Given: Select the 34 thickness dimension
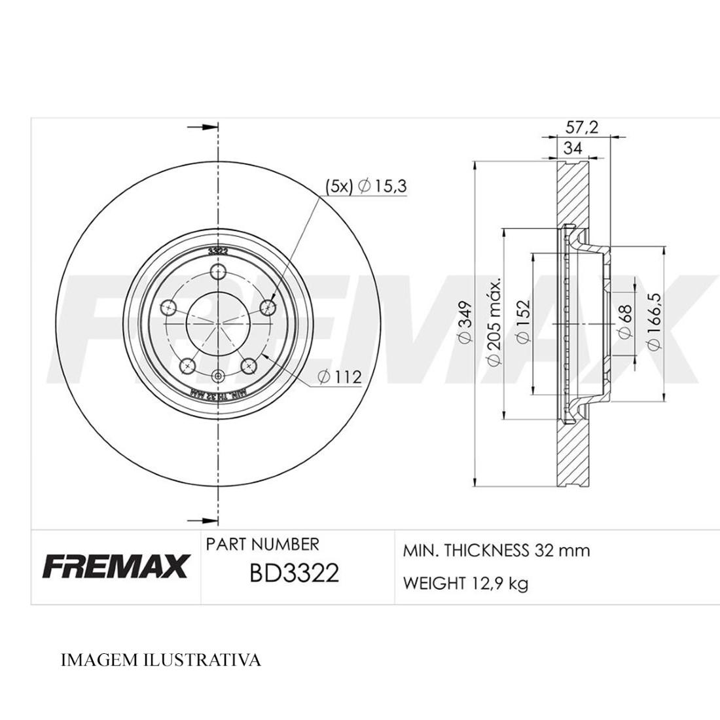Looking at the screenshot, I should (573, 149).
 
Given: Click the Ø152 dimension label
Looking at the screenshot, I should (523, 321).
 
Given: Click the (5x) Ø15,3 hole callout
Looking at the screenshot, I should (367, 187).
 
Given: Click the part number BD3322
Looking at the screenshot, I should (294, 573).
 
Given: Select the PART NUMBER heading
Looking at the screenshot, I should (262, 544).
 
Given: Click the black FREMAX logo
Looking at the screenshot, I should (116, 566).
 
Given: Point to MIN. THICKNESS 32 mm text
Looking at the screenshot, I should (496, 550).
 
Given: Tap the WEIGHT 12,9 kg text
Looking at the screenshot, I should (465, 583).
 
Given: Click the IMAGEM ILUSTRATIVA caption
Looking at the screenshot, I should (160, 660).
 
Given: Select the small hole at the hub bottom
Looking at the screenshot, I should (219, 375).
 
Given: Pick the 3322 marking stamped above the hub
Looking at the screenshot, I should (219, 251).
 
